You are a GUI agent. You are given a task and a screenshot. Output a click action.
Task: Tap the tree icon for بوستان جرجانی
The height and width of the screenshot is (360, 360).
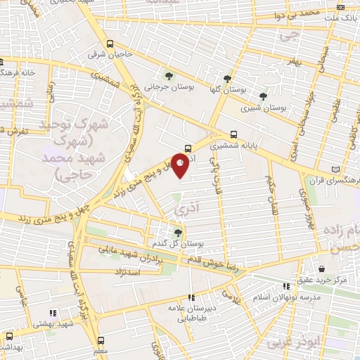tap(168, 75)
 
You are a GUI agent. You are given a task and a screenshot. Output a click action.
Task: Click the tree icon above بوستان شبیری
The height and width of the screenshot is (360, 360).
tap(263, 96)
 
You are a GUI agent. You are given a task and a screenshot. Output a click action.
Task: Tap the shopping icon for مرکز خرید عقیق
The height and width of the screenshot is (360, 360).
tap(321, 269)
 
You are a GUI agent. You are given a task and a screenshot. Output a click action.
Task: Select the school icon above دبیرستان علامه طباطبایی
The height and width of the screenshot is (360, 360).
tap(191, 297)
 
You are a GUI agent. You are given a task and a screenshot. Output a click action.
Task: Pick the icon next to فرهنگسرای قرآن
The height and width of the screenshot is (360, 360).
tap(342, 169)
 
